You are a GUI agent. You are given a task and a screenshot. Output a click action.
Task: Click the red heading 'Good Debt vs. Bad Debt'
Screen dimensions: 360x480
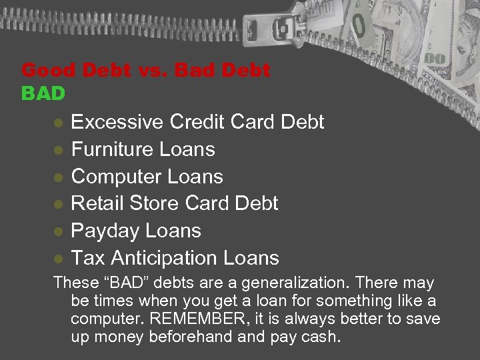[146, 71]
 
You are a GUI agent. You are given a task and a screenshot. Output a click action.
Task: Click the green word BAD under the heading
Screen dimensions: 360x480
[43, 94]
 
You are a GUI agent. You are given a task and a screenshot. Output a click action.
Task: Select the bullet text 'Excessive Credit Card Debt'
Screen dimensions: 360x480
[197, 122]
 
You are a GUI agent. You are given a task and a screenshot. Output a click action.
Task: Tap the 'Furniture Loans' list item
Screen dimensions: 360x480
[143, 149]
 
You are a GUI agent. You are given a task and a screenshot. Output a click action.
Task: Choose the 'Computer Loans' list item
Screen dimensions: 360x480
[147, 177]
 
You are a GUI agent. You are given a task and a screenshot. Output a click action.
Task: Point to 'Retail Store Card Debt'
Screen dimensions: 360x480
[174, 203]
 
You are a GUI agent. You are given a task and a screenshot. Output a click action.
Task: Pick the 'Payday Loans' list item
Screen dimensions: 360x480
[135, 231]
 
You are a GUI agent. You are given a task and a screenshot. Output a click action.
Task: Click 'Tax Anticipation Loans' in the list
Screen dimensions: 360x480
[175, 258]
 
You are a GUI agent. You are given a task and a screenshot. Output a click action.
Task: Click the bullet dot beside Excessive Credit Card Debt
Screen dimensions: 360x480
[59, 123]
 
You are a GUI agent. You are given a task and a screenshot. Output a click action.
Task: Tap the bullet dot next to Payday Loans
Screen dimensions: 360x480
[59, 232]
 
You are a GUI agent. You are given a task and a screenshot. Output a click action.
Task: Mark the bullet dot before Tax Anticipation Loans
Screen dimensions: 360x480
[59, 259]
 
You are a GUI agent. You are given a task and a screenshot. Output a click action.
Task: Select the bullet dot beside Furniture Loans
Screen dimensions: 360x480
[59, 150]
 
